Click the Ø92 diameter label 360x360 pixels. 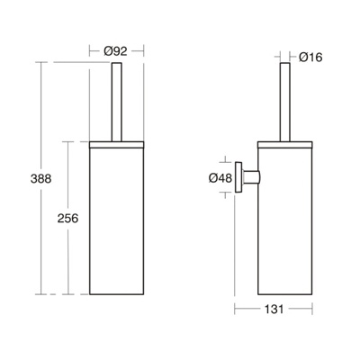116,51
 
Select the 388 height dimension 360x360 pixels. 41,179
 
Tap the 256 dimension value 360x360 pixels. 67,218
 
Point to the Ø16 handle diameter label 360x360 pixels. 310,57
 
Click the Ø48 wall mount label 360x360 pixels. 220,178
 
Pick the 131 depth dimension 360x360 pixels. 274,309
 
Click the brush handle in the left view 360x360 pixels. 117,102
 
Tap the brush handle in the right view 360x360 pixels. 285,102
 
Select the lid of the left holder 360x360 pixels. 117,145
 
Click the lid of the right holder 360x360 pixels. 285,145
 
